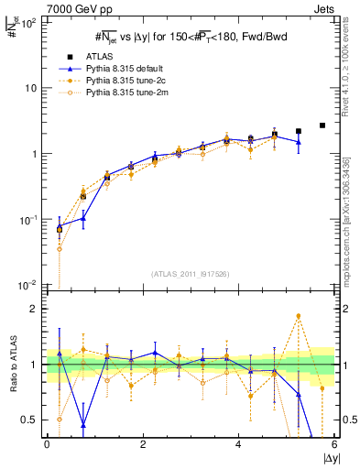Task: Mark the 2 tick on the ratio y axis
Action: point(33,309)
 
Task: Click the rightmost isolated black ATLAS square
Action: point(322,125)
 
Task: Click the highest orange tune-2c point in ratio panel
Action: point(299,316)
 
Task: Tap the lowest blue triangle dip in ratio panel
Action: point(83,425)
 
